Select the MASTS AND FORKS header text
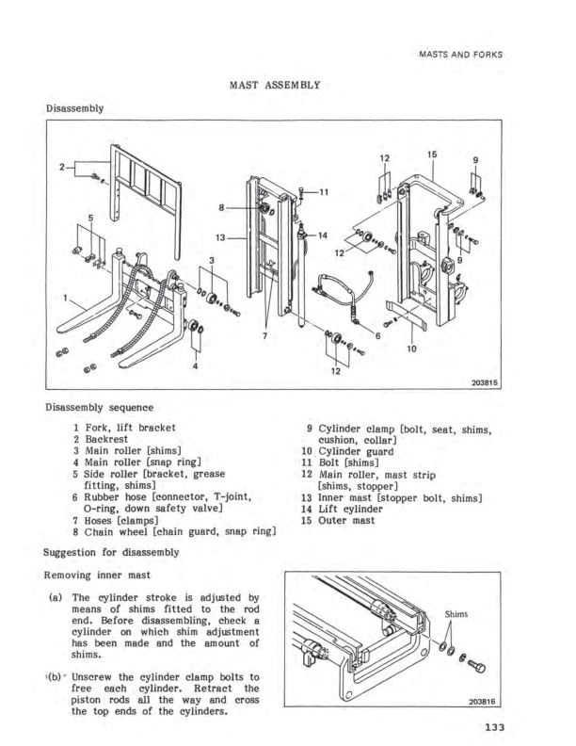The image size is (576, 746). [458, 54]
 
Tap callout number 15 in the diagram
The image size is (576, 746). [432, 154]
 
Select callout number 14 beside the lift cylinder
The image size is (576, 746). [323, 235]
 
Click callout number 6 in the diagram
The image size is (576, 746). [377, 335]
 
